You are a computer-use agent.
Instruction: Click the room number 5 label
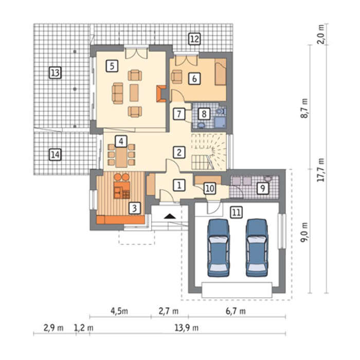[x=112, y=66]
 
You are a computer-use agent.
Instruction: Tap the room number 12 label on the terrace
[x=194, y=39]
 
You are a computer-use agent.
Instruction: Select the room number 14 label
[x=55, y=154]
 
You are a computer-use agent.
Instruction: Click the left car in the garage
[x=219, y=248]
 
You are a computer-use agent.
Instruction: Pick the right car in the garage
[x=257, y=248]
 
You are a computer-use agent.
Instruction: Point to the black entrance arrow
[x=170, y=216]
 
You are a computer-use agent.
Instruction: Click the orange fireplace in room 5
[x=161, y=94]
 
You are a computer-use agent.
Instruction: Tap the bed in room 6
[x=221, y=71]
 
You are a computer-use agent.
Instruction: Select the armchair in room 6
[x=177, y=77]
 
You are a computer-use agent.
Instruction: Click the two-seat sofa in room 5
[x=117, y=94]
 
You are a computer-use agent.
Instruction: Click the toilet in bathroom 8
[x=221, y=112]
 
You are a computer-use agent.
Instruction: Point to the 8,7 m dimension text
[x=304, y=108]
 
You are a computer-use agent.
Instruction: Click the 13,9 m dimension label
[x=186, y=328]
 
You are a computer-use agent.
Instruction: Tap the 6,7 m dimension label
[x=236, y=311]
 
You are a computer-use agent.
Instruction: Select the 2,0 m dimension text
[x=322, y=34]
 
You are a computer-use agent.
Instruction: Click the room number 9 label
[x=262, y=188]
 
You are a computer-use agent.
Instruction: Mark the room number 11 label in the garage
[x=237, y=212]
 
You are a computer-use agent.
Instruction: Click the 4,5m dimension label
[x=119, y=311]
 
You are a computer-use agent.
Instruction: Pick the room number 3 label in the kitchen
[x=135, y=208]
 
